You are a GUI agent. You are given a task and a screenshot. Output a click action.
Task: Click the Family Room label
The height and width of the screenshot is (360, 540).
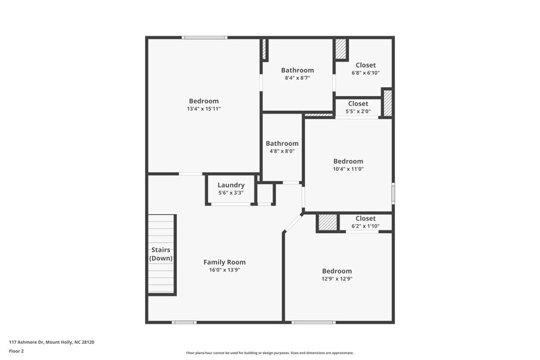pyautogui.click(x=225, y=262)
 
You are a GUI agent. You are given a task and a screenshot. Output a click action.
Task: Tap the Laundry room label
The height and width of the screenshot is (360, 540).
pyautogui.click(x=230, y=184)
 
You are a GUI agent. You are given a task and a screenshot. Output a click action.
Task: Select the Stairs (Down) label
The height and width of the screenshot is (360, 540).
pyautogui.click(x=161, y=254)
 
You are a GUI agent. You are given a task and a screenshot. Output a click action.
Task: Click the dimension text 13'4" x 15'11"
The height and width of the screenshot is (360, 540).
pyautogui.click(x=203, y=109)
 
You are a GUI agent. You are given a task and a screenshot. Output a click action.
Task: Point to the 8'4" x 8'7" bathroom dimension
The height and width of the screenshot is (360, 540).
pyautogui.click(x=297, y=78)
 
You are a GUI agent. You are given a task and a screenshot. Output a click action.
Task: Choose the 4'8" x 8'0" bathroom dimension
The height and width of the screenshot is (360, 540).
pyautogui.click(x=281, y=151)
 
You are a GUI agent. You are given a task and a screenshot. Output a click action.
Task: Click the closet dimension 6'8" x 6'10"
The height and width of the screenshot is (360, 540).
pyautogui.click(x=365, y=73)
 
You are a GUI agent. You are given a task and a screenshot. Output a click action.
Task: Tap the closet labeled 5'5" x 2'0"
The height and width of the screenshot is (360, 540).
pyautogui.click(x=358, y=111)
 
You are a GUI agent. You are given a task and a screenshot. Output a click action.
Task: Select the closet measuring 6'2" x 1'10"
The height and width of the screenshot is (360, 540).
pyautogui.click(x=365, y=226)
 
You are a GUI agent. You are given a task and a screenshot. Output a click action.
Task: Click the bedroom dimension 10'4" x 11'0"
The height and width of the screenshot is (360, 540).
pyautogui.click(x=348, y=170)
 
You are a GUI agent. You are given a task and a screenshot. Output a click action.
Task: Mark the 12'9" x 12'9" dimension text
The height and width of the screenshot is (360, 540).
pyautogui.click(x=337, y=279)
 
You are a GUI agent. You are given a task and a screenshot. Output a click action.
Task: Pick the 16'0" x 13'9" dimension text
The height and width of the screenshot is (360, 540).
pyautogui.click(x=225, y=270)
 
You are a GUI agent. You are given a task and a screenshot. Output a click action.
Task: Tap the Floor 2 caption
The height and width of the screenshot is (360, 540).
pyautogui.click(x=17, y=351)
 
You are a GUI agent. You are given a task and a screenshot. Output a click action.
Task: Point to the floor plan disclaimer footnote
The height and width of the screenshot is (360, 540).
pyautogui.click(x=270, y=353)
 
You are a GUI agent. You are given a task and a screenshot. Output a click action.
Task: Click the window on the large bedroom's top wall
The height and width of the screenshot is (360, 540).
pyautogui.click(x=204, y=38)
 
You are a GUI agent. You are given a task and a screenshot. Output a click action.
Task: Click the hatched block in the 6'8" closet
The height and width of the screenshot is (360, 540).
pyautogui.click(x=341, y=49)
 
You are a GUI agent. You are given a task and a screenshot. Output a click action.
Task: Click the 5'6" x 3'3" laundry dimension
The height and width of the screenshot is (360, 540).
pyautogui.click(x=230, y=192)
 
